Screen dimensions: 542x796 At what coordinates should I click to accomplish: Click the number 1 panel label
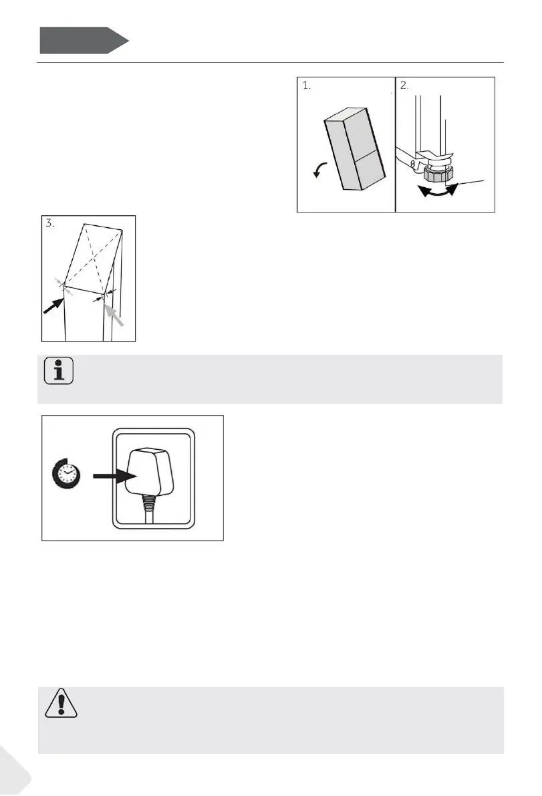point(307,86)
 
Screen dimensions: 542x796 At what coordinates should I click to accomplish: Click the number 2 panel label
point(404,86)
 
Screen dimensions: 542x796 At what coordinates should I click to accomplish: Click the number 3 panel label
point(49,223)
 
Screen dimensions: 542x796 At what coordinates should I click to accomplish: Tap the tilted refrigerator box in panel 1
point(355,149)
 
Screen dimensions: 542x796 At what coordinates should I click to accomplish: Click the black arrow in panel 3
point(53,305)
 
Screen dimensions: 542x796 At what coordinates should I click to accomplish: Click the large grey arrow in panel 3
point(114,315)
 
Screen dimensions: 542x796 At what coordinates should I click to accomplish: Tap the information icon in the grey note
point(59,370)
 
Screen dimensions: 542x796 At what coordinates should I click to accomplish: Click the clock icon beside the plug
point(66,474)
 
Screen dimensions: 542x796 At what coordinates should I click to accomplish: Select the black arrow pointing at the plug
point(115,477)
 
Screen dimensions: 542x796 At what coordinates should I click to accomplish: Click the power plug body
point(150,472)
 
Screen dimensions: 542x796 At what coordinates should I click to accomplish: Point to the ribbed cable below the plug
point(149,509)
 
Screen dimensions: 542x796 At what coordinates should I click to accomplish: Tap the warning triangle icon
point(61,703)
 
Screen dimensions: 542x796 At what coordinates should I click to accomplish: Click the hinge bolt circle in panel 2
point(414,164)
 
